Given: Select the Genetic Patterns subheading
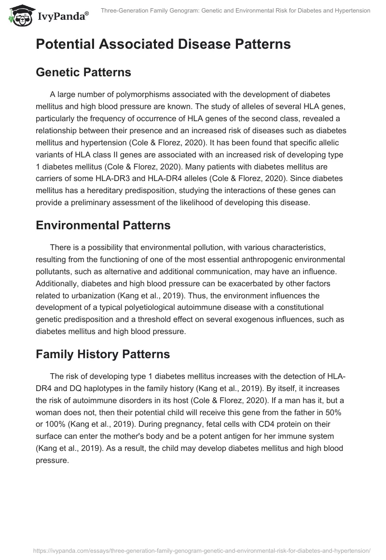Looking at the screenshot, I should tap(83, 72).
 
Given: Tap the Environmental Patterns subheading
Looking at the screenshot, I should tap(104, 225).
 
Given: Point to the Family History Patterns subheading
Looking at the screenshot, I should tap(103, 354).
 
